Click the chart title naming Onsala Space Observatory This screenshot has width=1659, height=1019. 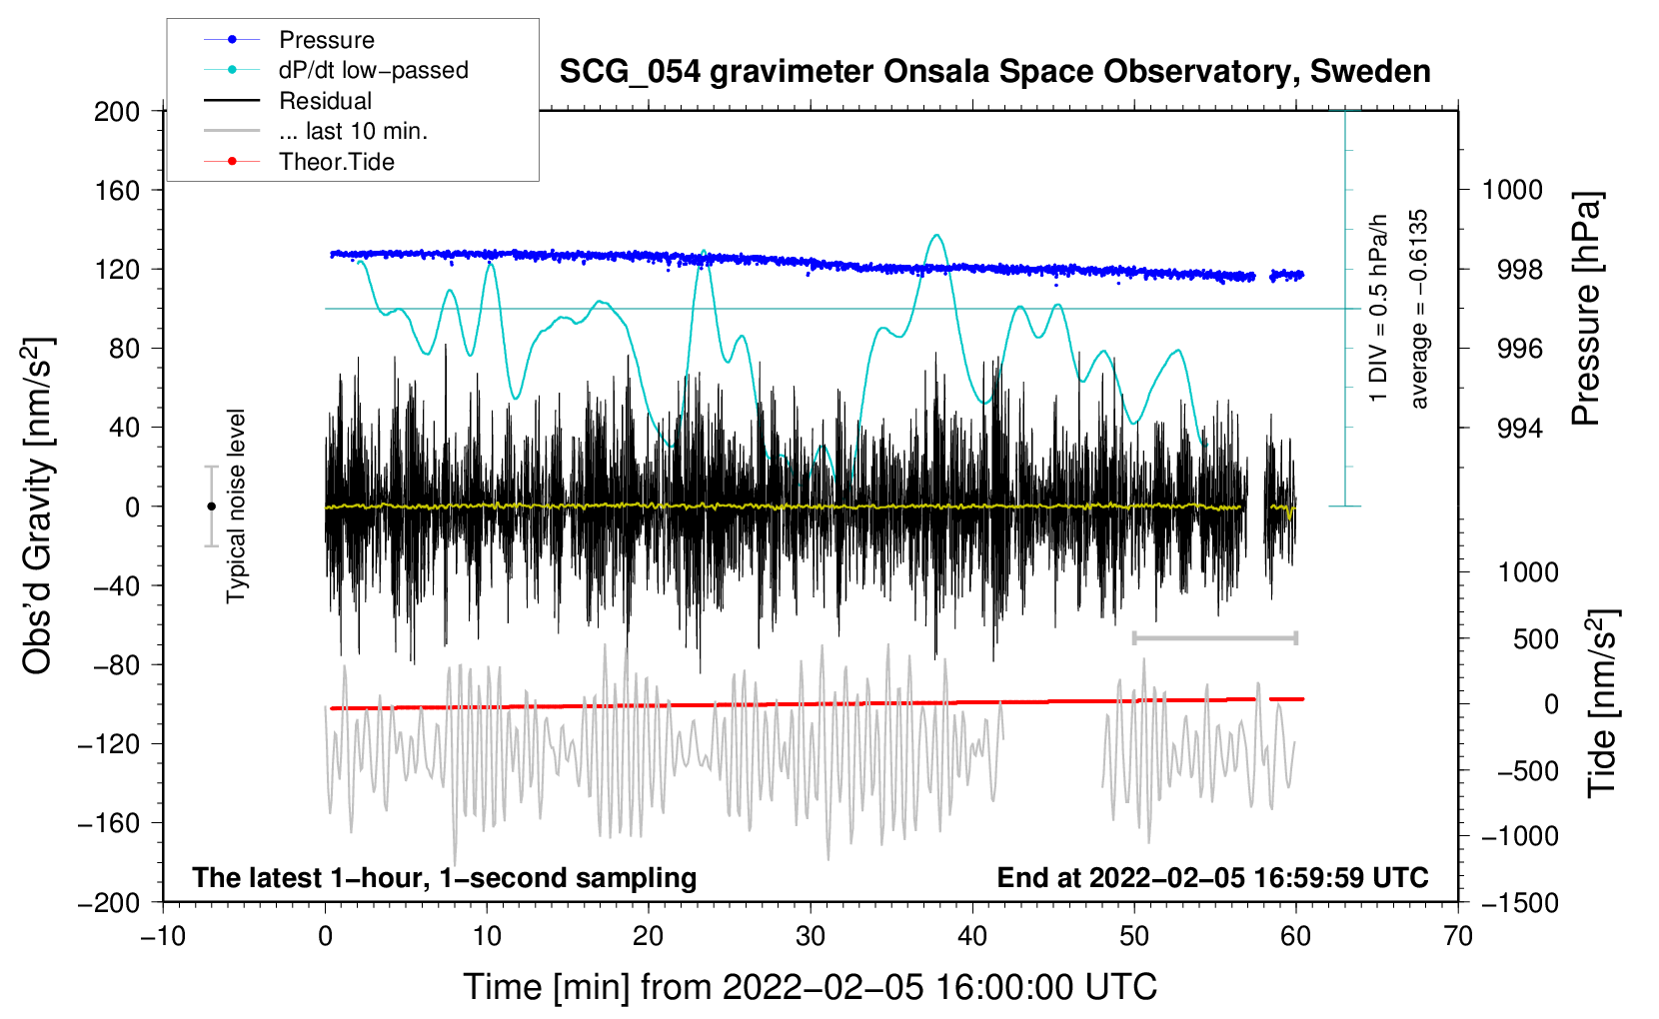[994, 72]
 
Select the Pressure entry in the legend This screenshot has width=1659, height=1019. [326, 40]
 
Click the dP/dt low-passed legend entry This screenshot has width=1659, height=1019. [373, 70]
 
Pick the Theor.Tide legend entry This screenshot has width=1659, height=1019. [337, 162]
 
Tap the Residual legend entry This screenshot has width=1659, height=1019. [325, 101]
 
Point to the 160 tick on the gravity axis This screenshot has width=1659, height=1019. [117, 190]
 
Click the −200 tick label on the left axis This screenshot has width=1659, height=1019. [109, 902]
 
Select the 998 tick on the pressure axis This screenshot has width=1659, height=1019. [1519, 270]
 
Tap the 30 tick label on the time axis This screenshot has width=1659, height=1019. [811, 936]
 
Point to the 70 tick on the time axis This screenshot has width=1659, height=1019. [1458, 936]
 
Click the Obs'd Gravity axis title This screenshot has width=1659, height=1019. [38, 506]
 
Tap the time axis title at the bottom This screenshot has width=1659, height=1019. [811, 987]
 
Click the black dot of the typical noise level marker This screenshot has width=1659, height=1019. [211, 507]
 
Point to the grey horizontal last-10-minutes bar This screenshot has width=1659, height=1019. [1214, 637]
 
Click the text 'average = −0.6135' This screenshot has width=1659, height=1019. [1419, 310]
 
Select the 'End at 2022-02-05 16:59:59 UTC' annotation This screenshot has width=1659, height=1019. [1212, 877]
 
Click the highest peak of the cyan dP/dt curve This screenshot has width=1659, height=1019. [936, 236]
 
